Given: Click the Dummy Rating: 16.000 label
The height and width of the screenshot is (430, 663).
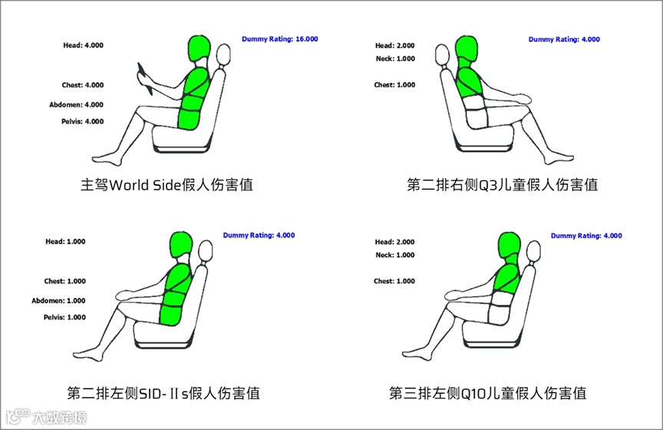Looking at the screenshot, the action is (279, 39).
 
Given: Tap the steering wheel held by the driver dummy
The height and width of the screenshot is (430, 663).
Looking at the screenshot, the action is (144, 78).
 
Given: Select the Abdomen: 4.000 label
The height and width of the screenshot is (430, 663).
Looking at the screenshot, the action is (76, 104).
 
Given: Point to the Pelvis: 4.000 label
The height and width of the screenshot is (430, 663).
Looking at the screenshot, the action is (82, 121).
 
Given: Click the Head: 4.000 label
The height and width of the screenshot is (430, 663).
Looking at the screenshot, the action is (84, 45).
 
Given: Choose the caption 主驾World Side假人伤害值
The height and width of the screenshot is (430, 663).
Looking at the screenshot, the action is (167, 185).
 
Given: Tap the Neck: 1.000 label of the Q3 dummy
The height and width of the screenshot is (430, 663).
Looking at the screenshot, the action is (395, 59).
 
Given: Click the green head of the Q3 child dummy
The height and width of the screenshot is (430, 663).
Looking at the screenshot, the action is (467, 48).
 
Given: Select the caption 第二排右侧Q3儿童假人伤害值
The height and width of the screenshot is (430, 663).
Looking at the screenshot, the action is (503, 185).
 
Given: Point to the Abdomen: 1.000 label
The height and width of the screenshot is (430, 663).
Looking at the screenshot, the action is (58, 300).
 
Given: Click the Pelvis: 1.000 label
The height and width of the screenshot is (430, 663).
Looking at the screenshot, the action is (64, 317).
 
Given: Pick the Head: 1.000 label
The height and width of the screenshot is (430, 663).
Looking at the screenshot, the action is (65, 242).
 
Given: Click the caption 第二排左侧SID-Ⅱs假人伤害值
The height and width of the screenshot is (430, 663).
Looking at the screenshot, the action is (163, 393).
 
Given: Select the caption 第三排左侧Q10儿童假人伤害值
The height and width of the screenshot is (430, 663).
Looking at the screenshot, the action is (487, 393).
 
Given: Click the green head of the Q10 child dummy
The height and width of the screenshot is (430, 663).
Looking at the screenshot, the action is (509, 245).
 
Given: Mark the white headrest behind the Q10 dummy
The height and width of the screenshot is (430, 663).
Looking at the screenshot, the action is (533, 253).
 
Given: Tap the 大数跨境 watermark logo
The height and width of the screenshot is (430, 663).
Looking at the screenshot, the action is (47, 417).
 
